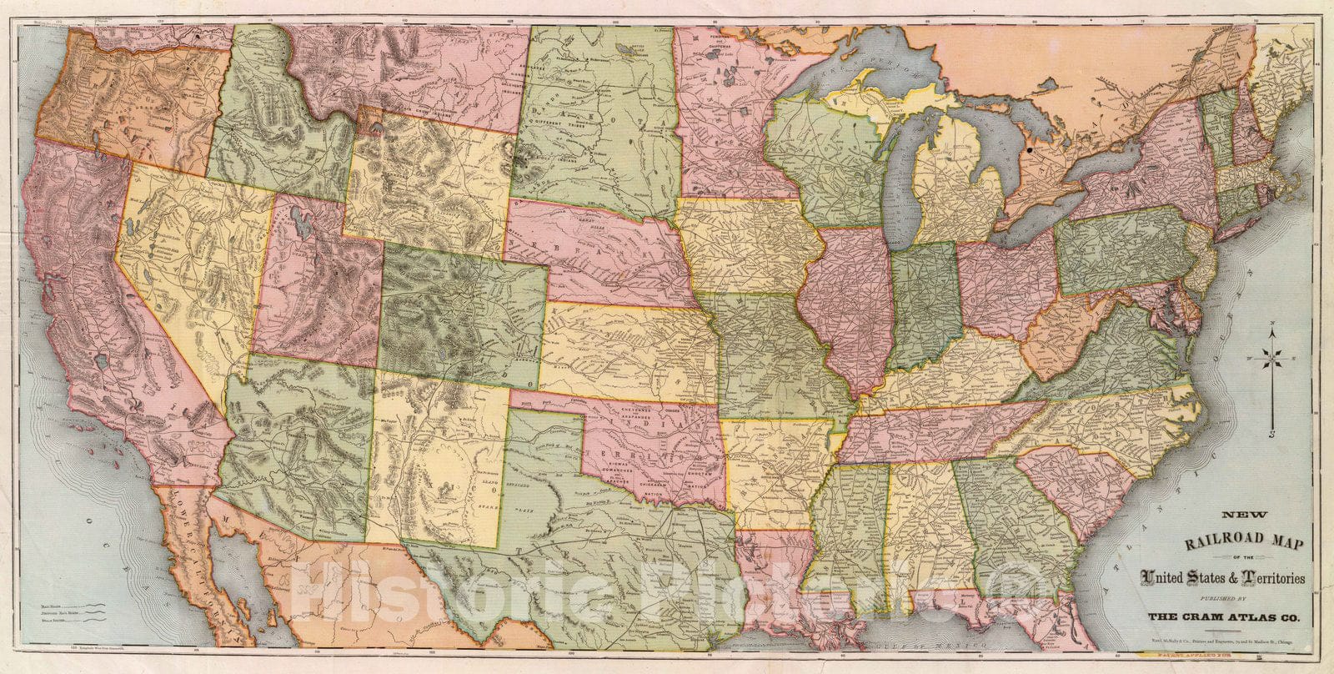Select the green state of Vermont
[1219, 125]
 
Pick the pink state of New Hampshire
[1242, 133]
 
